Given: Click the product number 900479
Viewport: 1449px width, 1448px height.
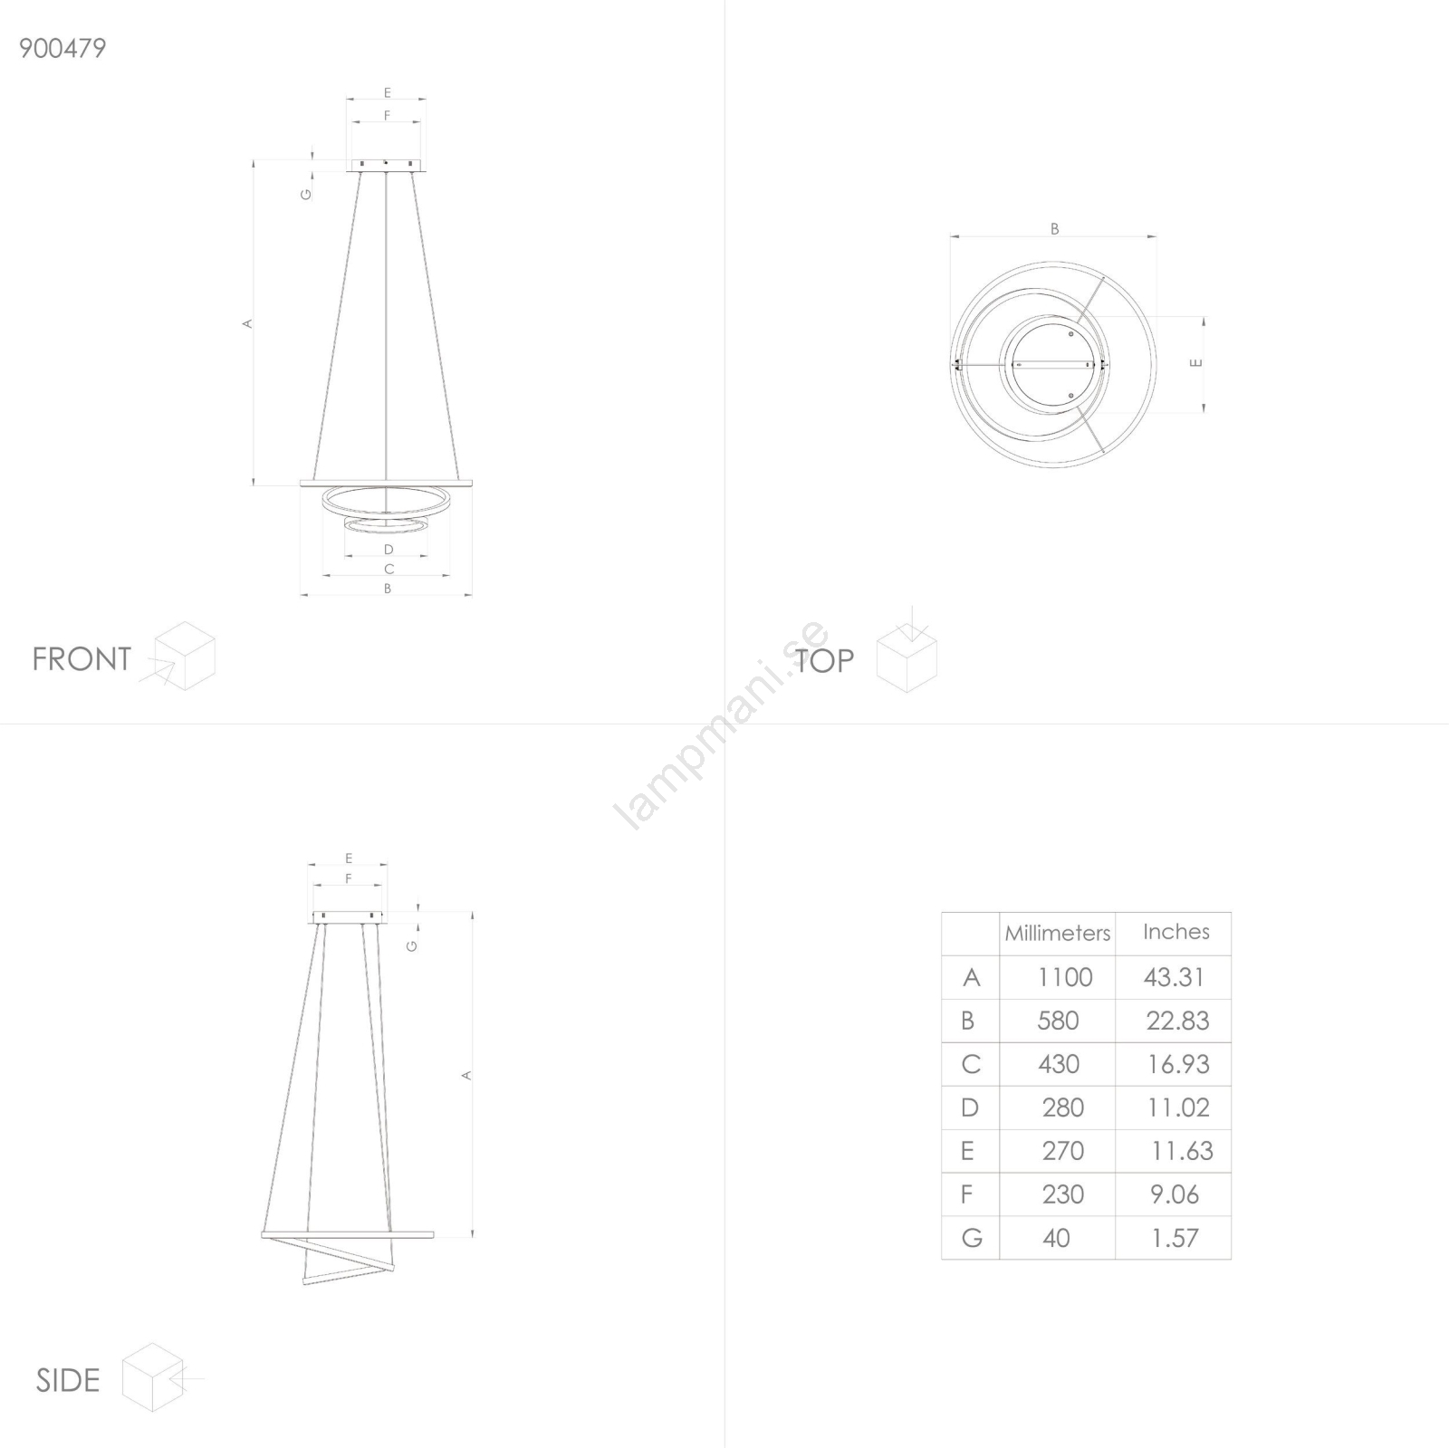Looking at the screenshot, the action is [x=62, y=48].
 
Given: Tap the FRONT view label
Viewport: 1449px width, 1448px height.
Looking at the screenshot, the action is [x=82, y=659].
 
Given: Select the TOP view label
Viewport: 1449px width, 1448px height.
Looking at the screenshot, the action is [x=824, y=661].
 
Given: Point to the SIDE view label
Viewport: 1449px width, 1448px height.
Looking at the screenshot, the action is [x=67, y=1380].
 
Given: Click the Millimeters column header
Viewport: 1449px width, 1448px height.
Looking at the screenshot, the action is [x=1057, y=933].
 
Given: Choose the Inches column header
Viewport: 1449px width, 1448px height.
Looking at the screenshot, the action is [x=1176, y=932].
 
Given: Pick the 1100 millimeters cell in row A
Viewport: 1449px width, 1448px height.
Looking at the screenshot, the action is [x=1065, y=977].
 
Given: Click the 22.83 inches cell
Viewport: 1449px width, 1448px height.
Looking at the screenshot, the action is [x=1177, y=1021].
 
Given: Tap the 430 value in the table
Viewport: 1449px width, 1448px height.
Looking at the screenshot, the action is [x=1059, y=1064].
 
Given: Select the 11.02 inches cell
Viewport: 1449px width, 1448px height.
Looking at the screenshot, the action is [x=1178, y=1108].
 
